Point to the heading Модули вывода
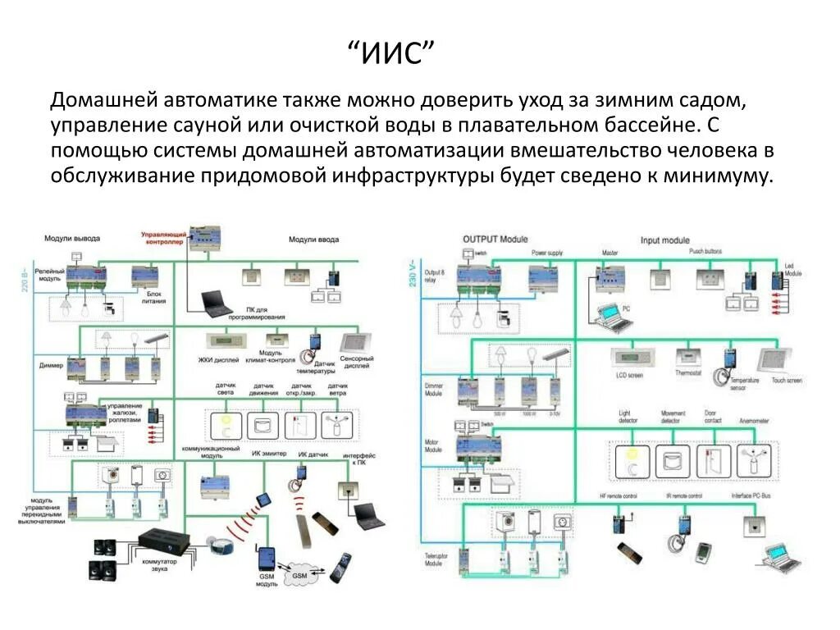coord(72,238)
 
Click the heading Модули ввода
coord(313,240)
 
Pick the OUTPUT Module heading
coord(495,239)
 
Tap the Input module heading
coord(664,240)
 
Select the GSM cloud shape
coord(299,575)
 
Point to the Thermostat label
coord(687,373)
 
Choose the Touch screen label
coord(787,381)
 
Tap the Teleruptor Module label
coord(436,560)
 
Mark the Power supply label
coord(548,253)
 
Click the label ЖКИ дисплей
coord(217,358)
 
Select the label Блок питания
coord(156,297)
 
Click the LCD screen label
coord(630,375)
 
